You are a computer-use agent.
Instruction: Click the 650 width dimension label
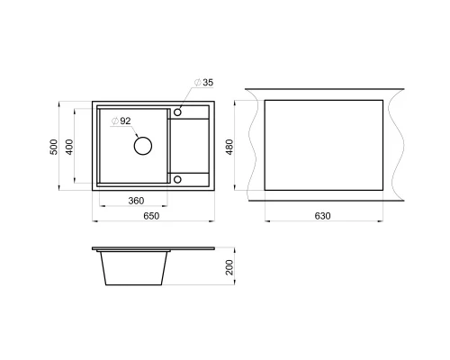point(151,216)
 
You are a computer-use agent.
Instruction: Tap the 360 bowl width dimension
point(136,201)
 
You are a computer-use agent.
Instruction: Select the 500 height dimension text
point(54,147)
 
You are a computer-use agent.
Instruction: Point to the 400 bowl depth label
point(69,147)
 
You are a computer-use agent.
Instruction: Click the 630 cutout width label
point(322,216)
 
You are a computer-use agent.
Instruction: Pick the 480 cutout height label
point(229,147)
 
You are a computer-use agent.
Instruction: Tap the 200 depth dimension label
point(229,267)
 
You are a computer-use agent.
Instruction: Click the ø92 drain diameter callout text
point(121,121)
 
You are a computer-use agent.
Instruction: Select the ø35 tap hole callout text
point(203,83)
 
